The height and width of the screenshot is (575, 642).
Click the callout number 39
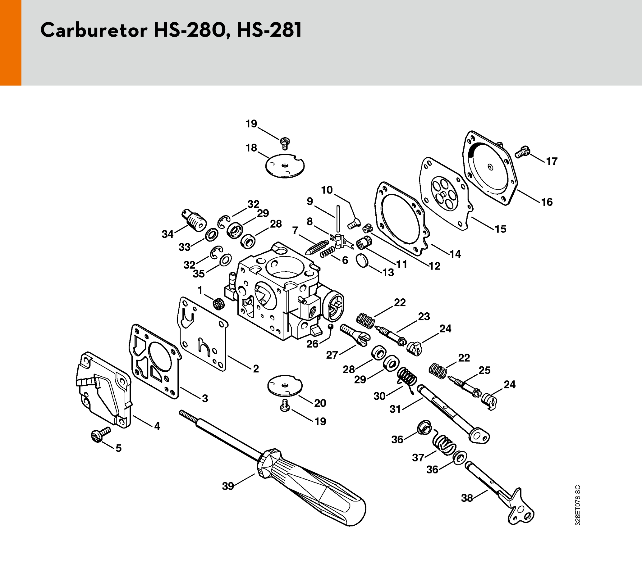click(228, 486)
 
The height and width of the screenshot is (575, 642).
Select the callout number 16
click(547, 202)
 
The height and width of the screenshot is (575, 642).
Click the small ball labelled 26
click(331, 326)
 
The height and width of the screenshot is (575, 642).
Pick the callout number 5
click(119, 448)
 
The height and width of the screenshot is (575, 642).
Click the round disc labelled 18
click(285, 165)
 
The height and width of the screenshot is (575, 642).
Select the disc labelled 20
click(285, 386)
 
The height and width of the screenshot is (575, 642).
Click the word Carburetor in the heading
click(94, 30)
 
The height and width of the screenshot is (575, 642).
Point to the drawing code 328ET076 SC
click(577, 505)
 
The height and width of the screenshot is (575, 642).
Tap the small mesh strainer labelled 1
click(219, 304)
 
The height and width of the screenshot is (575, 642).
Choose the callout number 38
click(467, 498)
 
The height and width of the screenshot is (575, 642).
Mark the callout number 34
click(167, 234)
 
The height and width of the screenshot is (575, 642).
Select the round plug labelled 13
click(362, 261)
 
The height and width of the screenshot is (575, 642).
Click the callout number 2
click(256, 369)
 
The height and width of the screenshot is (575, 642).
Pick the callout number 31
click(395, 409)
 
